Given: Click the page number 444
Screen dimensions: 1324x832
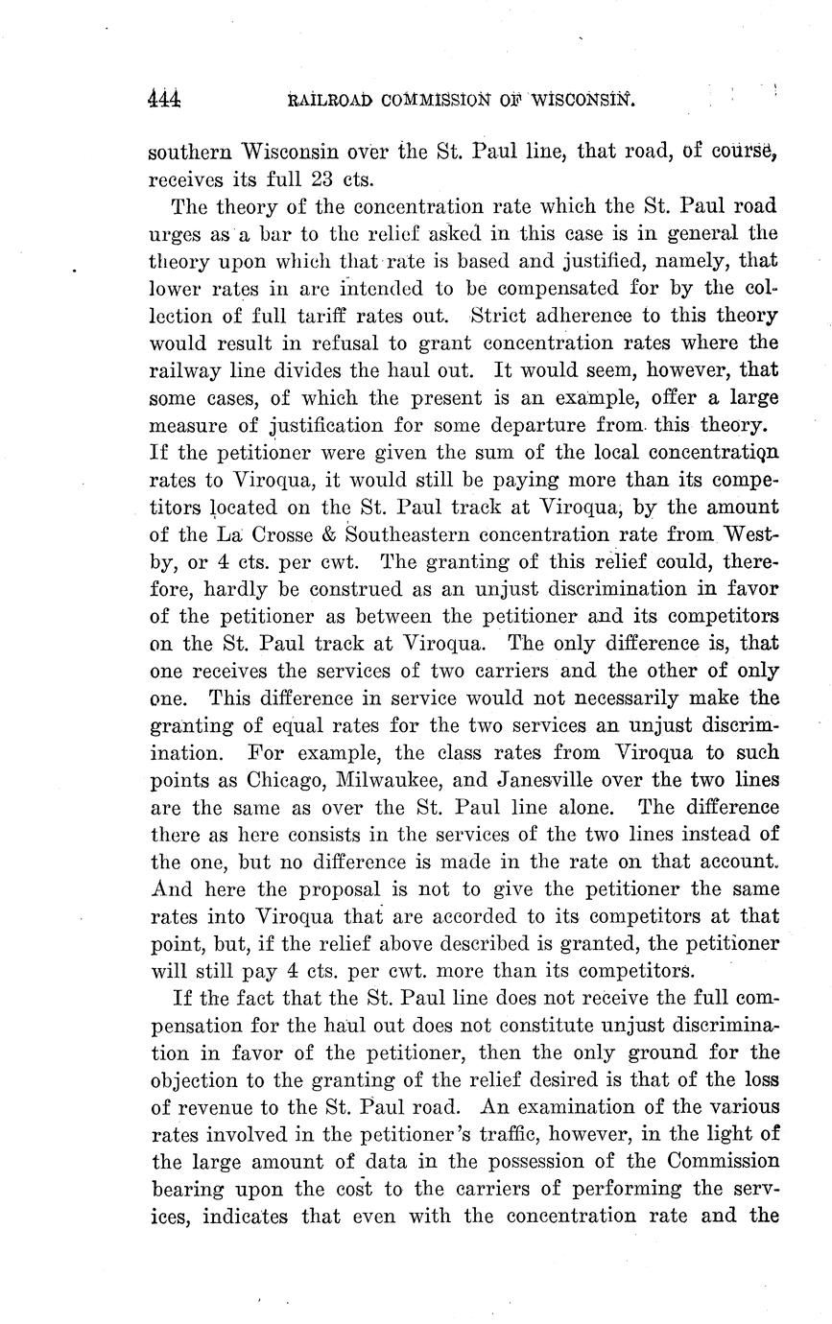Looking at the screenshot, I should pos(165,99).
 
